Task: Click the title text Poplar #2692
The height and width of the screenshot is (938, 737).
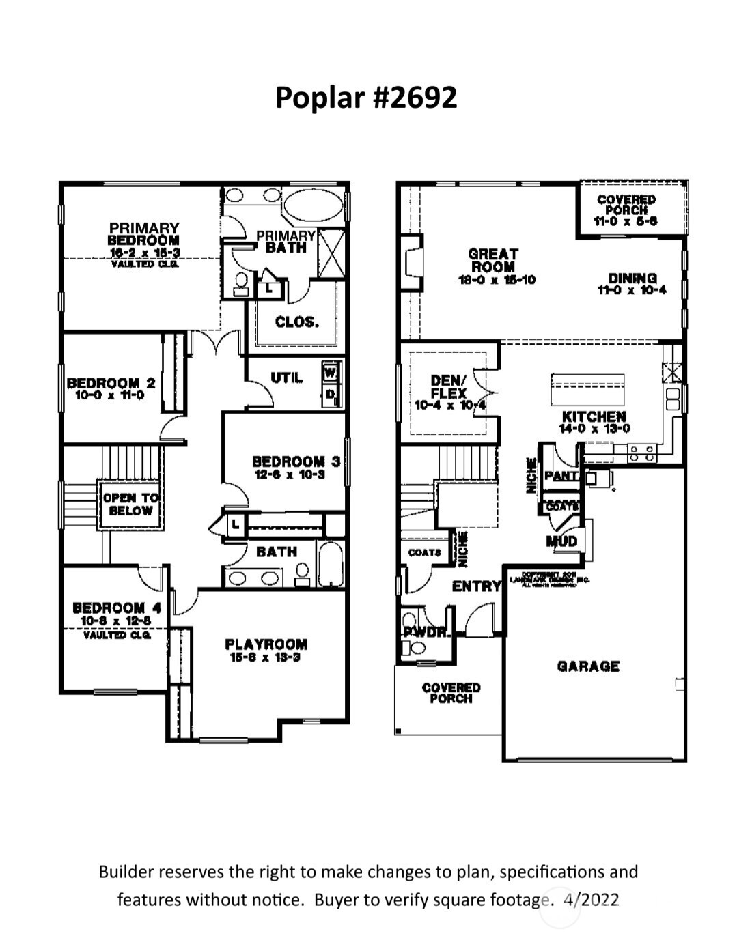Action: pyautogui.click(x=365, y=97)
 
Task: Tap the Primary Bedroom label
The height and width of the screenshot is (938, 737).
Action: pyautogui.click(x=144, y=234)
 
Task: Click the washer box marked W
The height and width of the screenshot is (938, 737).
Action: pyautogui.click(x=331, y=373)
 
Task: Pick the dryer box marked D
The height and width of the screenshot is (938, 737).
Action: pyautogui.click(x=331, y=394)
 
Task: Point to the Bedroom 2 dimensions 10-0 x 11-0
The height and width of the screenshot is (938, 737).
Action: pyautogui.click(x=111, y=395)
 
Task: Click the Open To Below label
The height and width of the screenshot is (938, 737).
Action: pyautogui.click(x=130, y=504)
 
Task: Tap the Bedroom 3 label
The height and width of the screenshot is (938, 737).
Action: pyautogui.click(x=295, y=462)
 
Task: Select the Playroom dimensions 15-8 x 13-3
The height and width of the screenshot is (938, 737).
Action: pyautogui.click(x=266, y=657)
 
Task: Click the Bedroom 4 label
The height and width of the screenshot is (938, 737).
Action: pyautogui.click(x=117, y=608)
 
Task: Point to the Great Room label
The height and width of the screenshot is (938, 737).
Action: pyautogui.click(x=493, y=260)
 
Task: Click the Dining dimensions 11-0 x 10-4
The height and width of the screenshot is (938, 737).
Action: pyautogui.click(x=632, y=290)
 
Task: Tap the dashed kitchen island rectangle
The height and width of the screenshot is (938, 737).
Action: pyautogui.click(x=587, y=390)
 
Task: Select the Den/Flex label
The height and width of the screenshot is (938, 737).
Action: pyautogui.click(x=449, y=386)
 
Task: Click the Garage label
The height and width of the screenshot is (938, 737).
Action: pyautogui.click(x=588, y=666)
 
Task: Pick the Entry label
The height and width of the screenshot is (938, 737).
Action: pyautogui.click(x=476, y=586)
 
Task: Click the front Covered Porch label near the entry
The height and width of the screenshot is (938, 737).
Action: pyautogui.click(x=451, y=693)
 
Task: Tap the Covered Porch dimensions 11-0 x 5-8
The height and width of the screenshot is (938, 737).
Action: pyautogui.click(x=626, y=222)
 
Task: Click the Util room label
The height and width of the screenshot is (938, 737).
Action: pyautogui.click(x=286, y=378)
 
